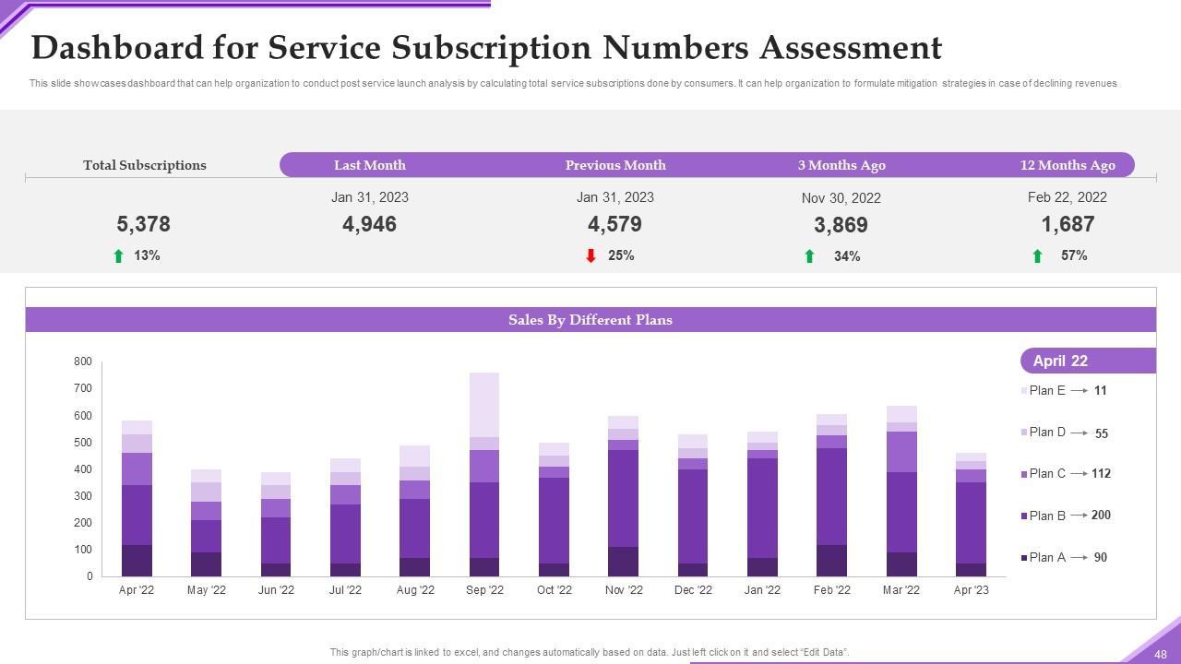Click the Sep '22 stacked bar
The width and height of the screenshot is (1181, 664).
(484, 475)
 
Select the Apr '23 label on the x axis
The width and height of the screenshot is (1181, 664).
(970, 590)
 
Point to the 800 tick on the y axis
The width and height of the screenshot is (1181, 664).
(83, 362)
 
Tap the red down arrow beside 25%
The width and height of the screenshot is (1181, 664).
(590, 255)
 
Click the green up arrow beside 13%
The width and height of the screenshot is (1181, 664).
(118, 256)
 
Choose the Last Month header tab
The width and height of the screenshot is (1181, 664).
(369, 165)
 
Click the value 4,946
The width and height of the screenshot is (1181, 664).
(369, 224)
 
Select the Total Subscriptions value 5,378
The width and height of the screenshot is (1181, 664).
(143, 224)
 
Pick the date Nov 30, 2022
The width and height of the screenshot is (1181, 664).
(841, 198)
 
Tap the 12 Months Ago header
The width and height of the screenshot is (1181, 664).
(1067, 165)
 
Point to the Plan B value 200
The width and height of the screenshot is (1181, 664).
(1101, 515)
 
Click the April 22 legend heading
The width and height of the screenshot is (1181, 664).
(1060, 361)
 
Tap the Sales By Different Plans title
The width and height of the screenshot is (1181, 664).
(590, 320)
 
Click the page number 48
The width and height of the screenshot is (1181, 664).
(1160, 654)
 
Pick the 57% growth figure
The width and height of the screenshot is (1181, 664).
(1074, 255)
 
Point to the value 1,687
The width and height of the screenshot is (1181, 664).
(1068, 224)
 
